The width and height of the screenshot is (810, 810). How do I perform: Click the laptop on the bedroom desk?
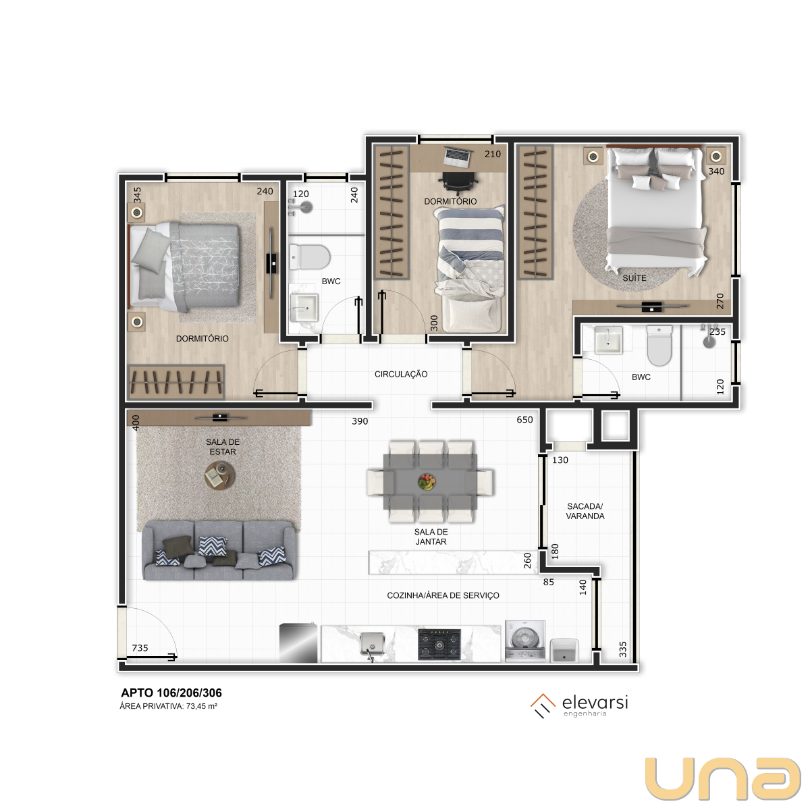pyautogui.click(x=457, y=158)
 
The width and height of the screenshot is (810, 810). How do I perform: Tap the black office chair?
pyautogui.click(x=458, y=181)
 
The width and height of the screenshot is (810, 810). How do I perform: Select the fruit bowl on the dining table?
pyautogui.click(x=427, y=482)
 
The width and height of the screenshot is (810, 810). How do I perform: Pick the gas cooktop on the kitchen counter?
pyautogui.click(x=439, y=645)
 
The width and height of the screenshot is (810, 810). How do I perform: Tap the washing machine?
pyautogui.click(x=525, y=641)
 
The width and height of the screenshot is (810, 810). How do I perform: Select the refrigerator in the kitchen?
pyautogui.click(x=298, y=643)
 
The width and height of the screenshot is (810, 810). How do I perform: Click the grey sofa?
pyautogui.click(x=219, y=551)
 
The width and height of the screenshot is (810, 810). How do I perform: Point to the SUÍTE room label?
pyautogui.click(x=634, y=278)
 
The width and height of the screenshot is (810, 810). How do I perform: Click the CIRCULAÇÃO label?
pyautogui.click(x=401, y=374)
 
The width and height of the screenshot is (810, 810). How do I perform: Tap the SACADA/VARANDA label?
pyautogui.click(x=585, y=511)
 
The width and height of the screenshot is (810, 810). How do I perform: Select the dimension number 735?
pyautogui.click(x=140, y=648)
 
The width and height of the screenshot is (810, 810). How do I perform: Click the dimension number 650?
pyautogui.click(x=524, y=419)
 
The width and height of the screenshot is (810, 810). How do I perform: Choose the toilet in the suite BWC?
pyautogui.click(x=659, y=346)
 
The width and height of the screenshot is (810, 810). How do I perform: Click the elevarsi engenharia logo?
pyautogui.click(x=579, y=706)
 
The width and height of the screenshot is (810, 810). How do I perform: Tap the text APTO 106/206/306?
pyautogui.click(x=171, y=693)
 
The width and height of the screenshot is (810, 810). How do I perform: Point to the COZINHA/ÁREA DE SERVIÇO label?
pyautogui.click(x=443, y=595)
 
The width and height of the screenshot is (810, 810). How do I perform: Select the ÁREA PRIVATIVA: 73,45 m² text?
pyautogui.click(x=169, y=706)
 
